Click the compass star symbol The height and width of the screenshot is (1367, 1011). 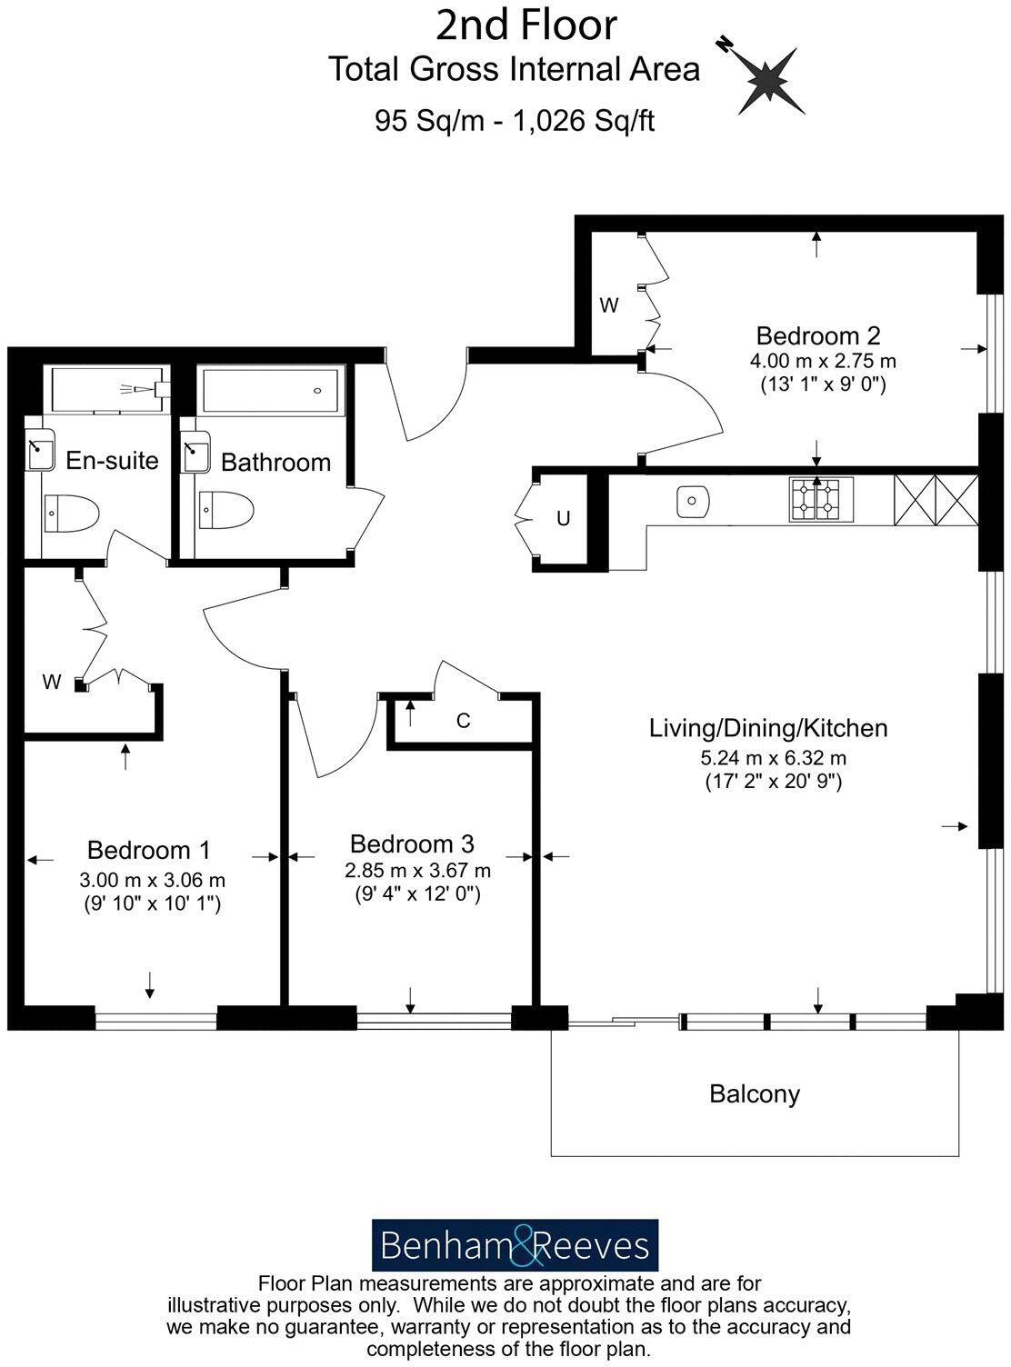(769, 80)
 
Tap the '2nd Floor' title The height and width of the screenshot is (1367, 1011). (526, 25)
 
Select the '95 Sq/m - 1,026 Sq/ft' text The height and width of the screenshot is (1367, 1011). (515, 121)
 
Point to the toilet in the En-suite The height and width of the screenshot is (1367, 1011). (70, 514)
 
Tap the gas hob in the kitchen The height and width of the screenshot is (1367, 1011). (816, 499)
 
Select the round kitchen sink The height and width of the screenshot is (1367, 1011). (694, 501)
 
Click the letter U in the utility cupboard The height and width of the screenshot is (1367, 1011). (564, 519)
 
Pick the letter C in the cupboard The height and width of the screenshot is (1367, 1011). (463, 722)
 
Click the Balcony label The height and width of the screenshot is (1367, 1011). (755, 1093)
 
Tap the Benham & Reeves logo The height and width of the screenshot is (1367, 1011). (515, 1245)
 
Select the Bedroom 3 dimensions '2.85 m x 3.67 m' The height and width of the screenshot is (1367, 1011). (417, 871)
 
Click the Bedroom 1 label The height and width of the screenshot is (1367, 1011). (149, 851)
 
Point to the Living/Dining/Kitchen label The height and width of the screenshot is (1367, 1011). (768, 728)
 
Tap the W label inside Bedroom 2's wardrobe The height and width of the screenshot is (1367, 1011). (608, 306)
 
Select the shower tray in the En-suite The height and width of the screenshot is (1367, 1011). (106, 390)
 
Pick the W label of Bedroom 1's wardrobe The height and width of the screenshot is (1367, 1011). (52, 682)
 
